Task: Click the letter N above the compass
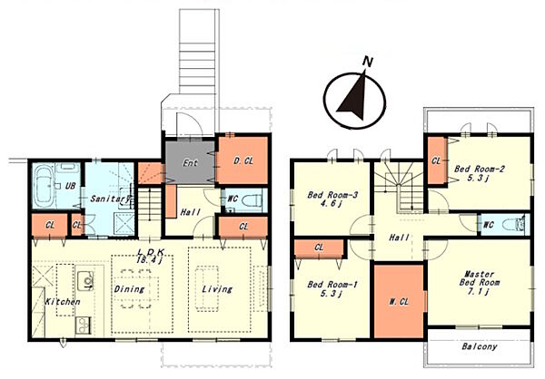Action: pyautogui.click(x=367, y=62)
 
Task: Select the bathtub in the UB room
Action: pyautogui.click(x=44, y=188)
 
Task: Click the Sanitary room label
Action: pyautogui.click(x=110, y=199)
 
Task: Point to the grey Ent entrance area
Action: pyautogui.click(x=190, y=162)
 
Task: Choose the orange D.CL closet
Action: pyautogui.click(x=243, y=160)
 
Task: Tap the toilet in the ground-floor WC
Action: pyautogui.click(x=252, y=199)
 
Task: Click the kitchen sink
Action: pyautogui.click(x=85, y=280)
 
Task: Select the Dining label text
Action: pyautogui.click(x=129, y=288)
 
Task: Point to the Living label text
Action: pyautogui.click(x=217, y=288)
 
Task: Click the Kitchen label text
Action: pyautogui.click(x=63, y=302)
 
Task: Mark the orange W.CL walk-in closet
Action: pyautogui.click(x=399, y=301)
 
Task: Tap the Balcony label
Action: pyautogui.click(x=480, y=346)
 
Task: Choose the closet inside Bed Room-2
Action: pyautogui.click(x=436, y=160)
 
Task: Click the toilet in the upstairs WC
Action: pyautogui.click(x=515, y=225)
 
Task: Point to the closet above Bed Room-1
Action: pyautogui.click(x=319, y=248)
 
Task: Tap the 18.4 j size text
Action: pyautogui.click(x=150, y=260)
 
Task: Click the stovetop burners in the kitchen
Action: pyautogui.click(x=83, y=326)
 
